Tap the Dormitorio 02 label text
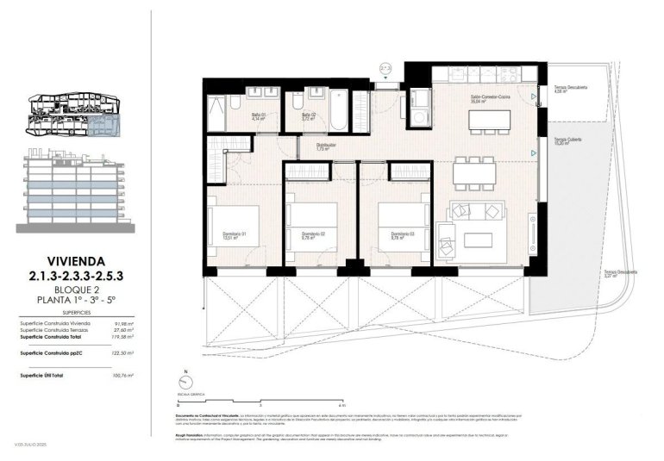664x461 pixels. click(x=312, y=234)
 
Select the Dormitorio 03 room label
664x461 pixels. click(x=403, y=234)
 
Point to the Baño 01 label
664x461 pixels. click(x=258, y=116)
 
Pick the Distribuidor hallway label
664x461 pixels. click(x=301, y=146)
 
